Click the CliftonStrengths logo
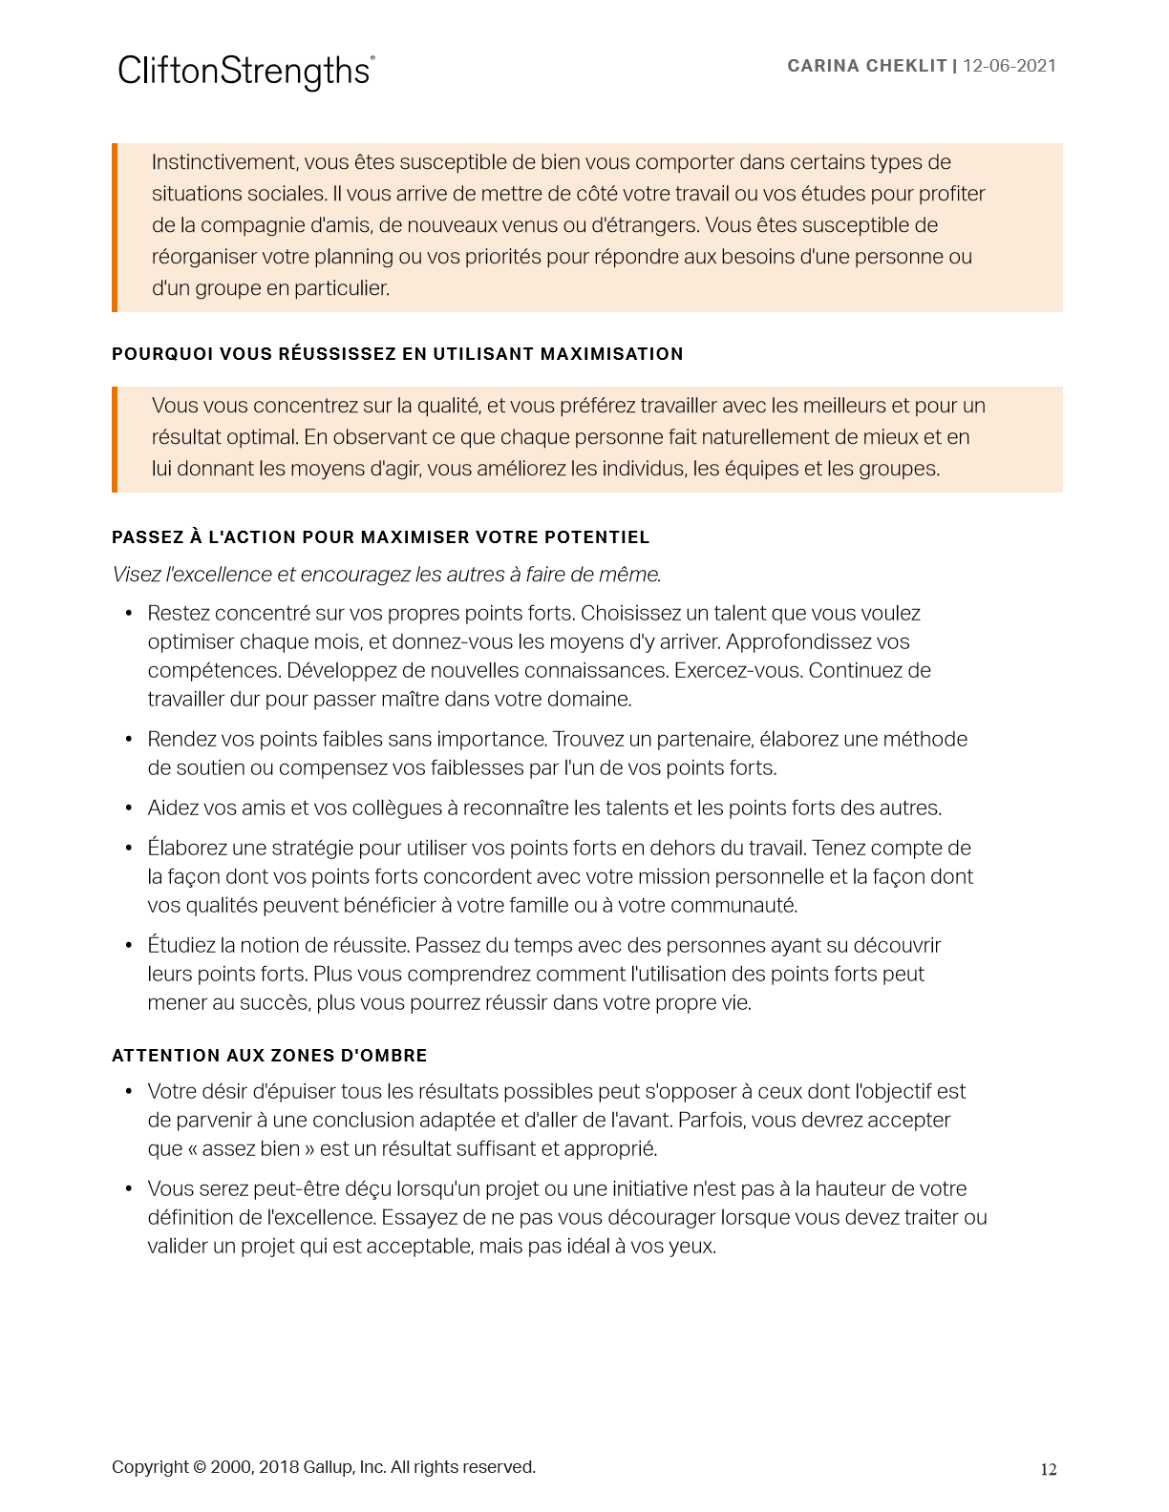(245, 72)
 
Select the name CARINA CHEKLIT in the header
(866, 66)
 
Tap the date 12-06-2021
(1010, 66)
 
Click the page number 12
(1048, 1470)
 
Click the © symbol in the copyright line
(200, 1467)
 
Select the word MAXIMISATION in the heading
(611, 354)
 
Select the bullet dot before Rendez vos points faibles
(129, 740)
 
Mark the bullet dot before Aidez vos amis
(129, 808)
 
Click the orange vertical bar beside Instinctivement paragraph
(115, 227)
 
